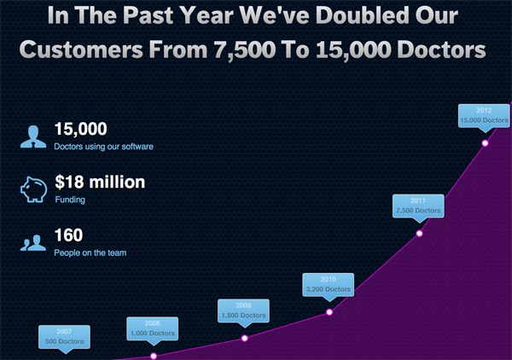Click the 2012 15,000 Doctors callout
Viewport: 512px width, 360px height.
click(484, 117)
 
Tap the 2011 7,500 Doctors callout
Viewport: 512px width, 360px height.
click(418, 206)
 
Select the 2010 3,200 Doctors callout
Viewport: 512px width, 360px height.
click(329, 285)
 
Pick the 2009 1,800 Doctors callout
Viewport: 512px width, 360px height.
click(243, 311)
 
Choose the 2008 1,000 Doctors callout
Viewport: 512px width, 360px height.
click(153, 329)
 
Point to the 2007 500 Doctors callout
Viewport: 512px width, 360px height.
click(64, 338)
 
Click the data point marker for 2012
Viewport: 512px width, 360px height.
click(485, 143)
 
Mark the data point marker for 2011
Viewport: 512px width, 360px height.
click(419, 234)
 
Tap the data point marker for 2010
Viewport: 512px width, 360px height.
click(329, 312)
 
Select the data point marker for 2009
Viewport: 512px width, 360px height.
click(245, 339)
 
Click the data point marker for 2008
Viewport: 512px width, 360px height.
click(154, 356)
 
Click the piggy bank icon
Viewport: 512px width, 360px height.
click(33, 189)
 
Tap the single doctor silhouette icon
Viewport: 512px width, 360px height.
click(33, 136)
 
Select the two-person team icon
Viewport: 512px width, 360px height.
click(33, 242)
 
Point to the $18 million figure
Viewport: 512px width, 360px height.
click(100, 182)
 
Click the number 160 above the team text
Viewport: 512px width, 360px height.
click(68, 235)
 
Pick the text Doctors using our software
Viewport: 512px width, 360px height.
click(103, 147)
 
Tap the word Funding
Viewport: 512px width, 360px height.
click(70, 200)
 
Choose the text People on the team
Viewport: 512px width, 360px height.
click(90, 253)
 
